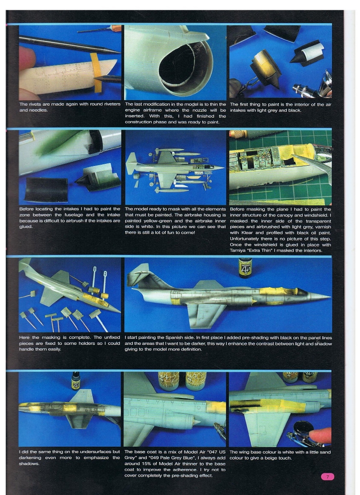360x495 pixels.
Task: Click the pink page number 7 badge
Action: [327, 477]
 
